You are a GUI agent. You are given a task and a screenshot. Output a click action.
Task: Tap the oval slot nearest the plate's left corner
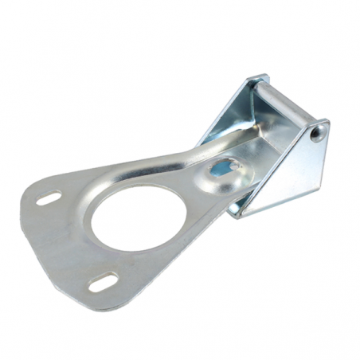point(49,198)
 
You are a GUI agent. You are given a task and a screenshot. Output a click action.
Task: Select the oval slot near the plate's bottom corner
point(104,282)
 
